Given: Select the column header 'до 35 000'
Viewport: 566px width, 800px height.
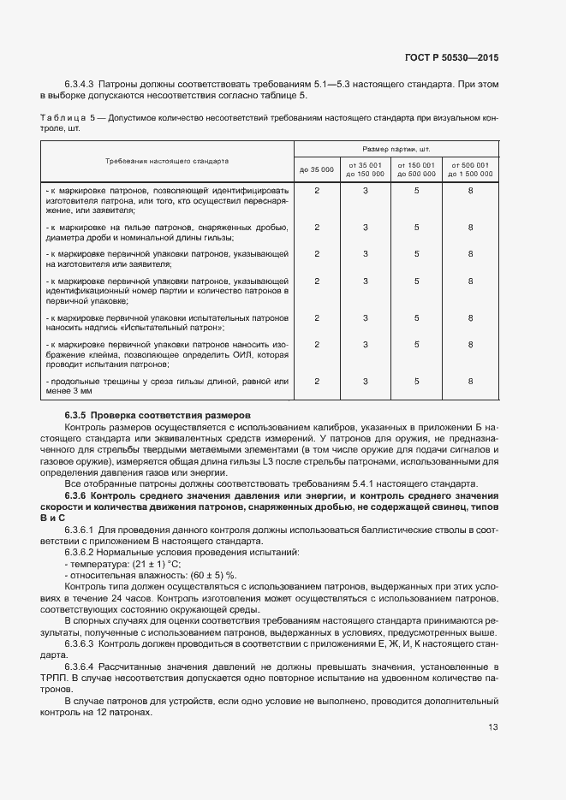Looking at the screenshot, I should click(317, 169).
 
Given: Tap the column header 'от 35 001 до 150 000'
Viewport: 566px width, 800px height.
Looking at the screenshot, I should click(366, 169).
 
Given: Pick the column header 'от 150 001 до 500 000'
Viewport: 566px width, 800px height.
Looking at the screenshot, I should click(417, 169).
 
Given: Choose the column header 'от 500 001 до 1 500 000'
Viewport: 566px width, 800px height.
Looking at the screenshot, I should click(470, 169).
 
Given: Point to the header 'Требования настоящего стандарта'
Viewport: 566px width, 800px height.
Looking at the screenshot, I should click(167, 160).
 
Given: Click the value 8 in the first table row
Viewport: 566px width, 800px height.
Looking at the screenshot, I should click(470, 190).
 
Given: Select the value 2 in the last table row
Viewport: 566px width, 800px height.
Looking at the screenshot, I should click(317, 382).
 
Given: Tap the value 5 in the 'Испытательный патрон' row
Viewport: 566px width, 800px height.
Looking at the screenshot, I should click(417, 318).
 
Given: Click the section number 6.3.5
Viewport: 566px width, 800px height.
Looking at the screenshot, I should click(78, 415).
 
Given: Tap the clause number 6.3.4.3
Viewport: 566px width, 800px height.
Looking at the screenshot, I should click(80, 85).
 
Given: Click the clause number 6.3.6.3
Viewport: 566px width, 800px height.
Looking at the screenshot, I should click(80, 642).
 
